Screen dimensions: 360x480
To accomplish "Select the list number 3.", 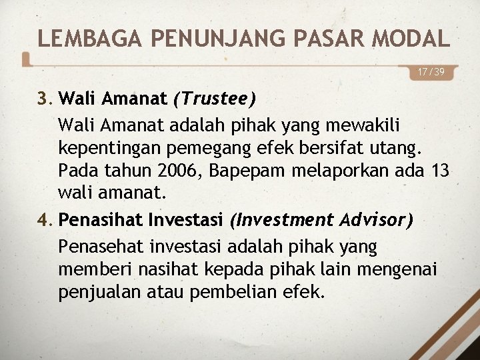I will (x=45, y=99).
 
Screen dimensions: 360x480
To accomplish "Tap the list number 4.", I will (x=45, y=219).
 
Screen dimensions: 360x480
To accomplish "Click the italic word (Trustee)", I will (x=214, y=99).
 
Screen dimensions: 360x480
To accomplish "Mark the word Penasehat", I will (x=97, y=247).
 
